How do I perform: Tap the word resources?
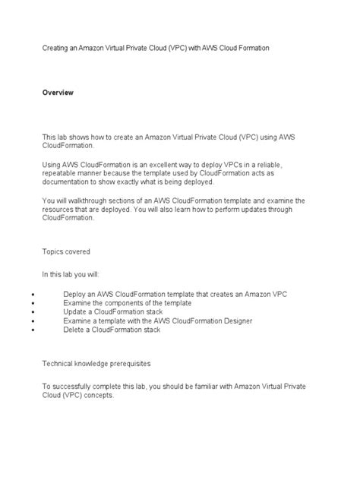[x=61, y=210]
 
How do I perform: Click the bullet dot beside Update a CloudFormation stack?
[x=27, y=312]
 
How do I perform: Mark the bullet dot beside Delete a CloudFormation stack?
[x=27, y=330]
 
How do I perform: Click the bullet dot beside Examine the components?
[x=27, y=303]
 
